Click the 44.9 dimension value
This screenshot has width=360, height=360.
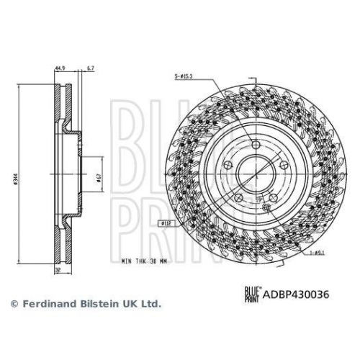coord(59,70)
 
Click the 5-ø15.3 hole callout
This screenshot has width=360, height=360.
coord(186,76)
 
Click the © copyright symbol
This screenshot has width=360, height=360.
coord(14,304)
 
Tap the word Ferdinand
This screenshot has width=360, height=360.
coord(45,304)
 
